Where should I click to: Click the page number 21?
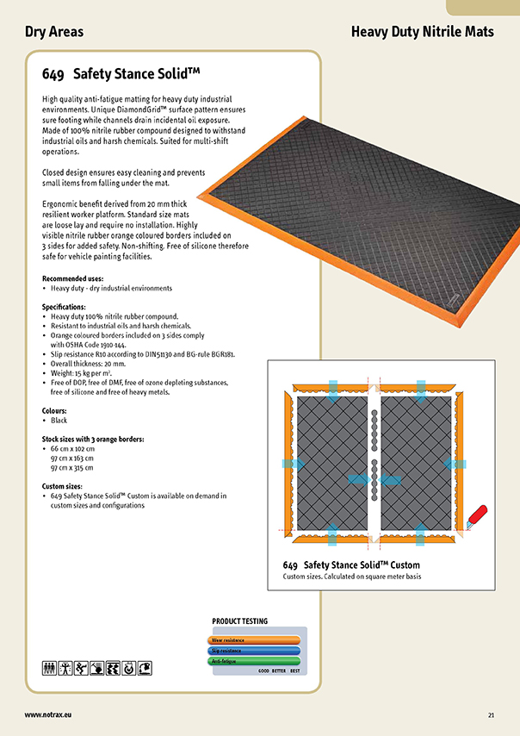(491, 714)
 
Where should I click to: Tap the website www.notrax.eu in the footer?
(47, 714)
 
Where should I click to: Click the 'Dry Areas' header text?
(54, 32)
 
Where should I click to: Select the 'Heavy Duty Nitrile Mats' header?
(423, 32)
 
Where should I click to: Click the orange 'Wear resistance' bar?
(254, 640)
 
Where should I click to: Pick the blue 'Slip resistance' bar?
(254, 651)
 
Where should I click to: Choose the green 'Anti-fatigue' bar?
(254, 661)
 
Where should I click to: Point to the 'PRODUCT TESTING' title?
(239, 621)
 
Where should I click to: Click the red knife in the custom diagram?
(476, 514)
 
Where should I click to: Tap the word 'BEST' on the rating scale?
(294, 670)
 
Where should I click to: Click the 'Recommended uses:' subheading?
(72, 279)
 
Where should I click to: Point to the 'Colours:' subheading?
(57, 411)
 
